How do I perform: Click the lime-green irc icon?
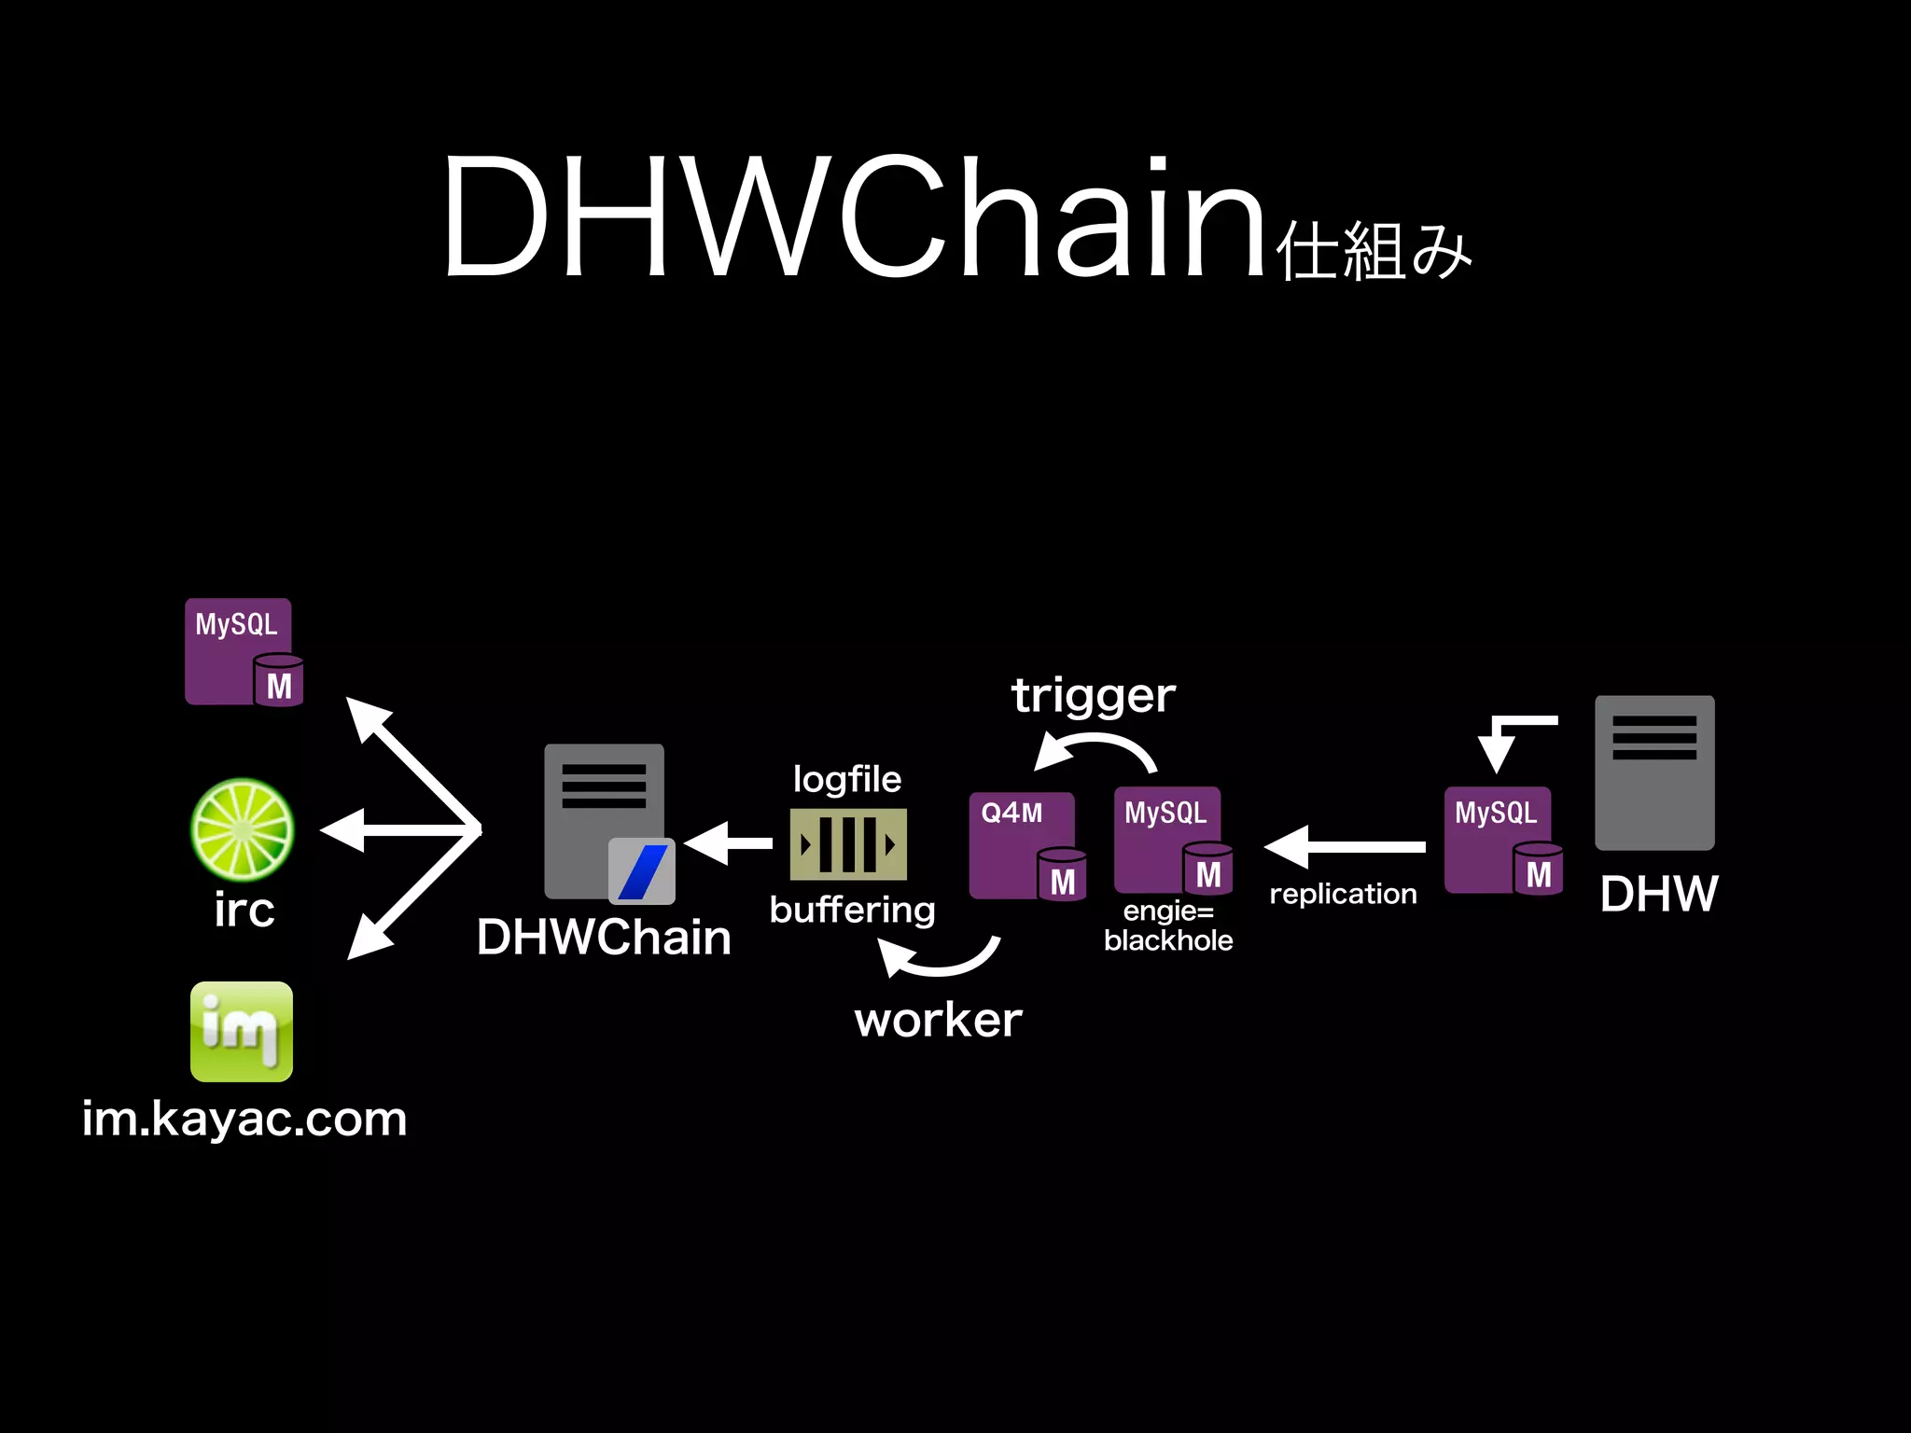(x=243, y=829)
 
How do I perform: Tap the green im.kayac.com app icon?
(x=242, y=1031)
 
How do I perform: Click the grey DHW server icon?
(x=1654, y=772)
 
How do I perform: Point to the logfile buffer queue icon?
(x=848, y=844)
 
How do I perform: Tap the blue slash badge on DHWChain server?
(x=642, y=871)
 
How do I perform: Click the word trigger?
(x=1094, y=696)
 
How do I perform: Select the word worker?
(x=939, y=1020)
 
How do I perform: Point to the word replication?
(x=1343, y=894)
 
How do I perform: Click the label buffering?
(x=852, y=910)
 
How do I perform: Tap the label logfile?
(x=847, y=779)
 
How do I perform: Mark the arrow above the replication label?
(x=1345, y=847)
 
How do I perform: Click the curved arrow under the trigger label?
(x=1096, y=746)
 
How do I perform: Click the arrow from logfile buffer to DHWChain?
(x=729, y=844)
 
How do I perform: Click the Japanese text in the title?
(x=1374, y=252)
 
